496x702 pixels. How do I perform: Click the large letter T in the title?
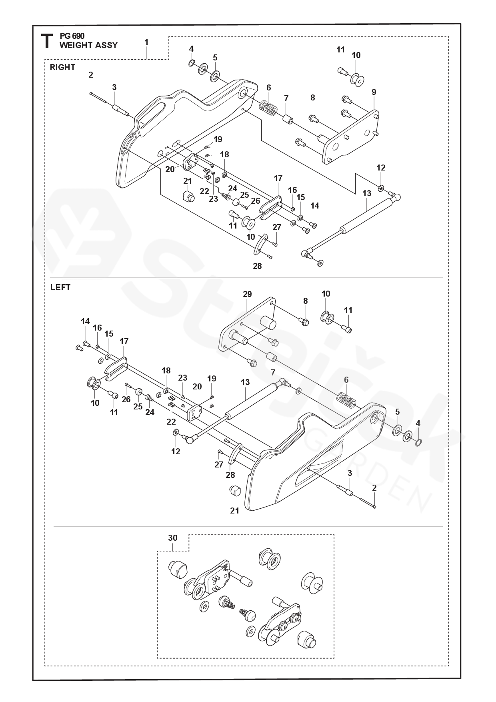tap(47, 41)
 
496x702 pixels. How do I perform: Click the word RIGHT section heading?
tap(62, 67)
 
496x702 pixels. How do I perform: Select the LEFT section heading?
tap(60, 287)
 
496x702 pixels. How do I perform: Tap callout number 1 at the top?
tap(146, 42)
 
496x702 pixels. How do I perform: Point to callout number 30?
tap(172, 538)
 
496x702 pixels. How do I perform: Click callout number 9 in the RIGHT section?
tap(374, 92)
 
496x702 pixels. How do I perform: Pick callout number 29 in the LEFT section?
tap(247, 294)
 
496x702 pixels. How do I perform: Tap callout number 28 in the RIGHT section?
tap(257, 266)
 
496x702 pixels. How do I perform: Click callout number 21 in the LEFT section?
tap(234, 510)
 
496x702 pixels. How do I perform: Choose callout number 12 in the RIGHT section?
tap(381, 168)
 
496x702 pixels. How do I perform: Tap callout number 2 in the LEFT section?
tap(374, 488)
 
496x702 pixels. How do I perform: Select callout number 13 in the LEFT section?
tap(245, 382)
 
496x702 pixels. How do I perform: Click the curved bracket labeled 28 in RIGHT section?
tap(260, 245)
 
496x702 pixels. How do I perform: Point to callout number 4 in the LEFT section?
tap(418, 423)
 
